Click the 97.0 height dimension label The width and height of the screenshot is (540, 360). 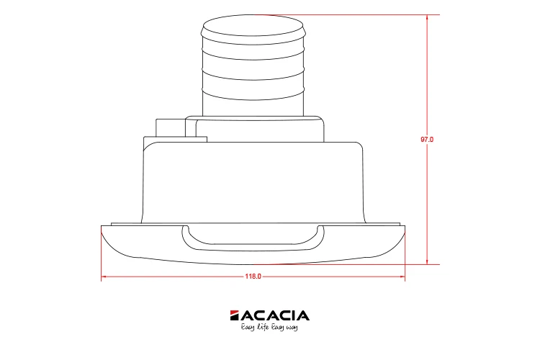click(x=427, y=140)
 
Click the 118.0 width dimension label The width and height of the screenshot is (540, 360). click(x=253, y=276)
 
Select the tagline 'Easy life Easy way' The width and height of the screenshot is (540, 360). click(x=269, y=327)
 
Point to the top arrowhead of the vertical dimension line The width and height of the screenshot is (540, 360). click(x=427, y=17)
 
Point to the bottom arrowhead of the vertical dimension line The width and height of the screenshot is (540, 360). click(x=427, y=262)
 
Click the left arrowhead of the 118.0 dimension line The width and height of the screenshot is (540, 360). click(x=104, y=276)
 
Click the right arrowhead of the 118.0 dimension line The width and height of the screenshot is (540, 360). click(x=402, y=276)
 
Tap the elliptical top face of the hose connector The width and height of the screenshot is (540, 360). click(x=253, y=25)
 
